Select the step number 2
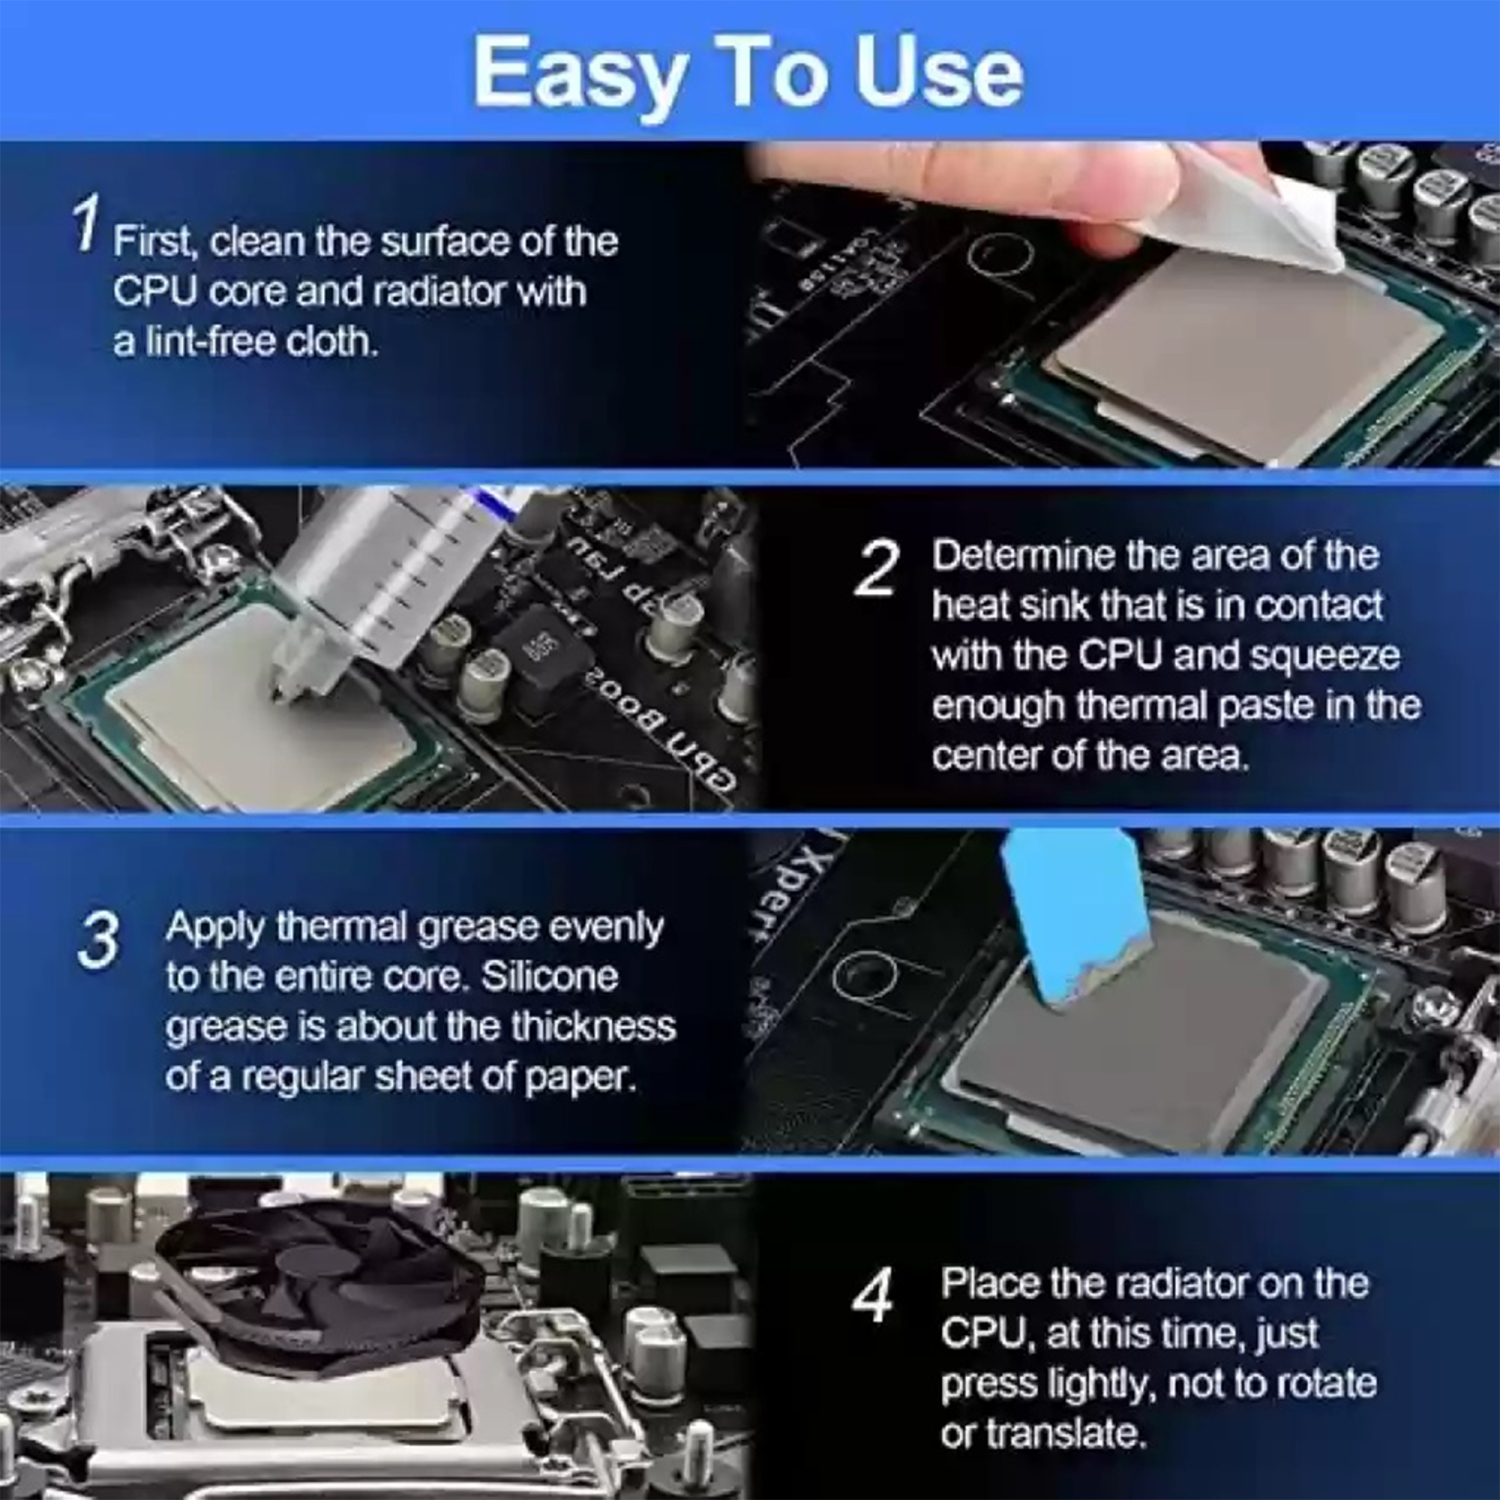point(877,569)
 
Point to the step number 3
point(98,940)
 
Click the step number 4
point(872,1296)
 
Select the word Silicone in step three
point(549,976)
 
